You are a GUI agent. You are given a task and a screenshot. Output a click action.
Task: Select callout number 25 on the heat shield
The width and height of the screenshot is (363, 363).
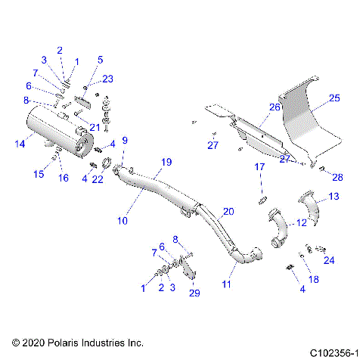334,98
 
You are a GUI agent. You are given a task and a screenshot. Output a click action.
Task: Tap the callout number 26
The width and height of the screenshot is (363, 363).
275,108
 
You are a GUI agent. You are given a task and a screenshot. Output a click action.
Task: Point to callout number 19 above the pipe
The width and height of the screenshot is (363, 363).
167,162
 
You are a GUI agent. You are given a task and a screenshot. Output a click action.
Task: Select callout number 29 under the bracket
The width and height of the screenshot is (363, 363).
194,293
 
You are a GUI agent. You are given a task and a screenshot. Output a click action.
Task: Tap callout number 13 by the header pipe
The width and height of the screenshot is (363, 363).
334,197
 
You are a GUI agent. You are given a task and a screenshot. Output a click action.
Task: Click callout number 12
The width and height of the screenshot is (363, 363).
300,222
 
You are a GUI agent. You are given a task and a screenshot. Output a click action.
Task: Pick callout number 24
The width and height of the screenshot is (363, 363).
329,261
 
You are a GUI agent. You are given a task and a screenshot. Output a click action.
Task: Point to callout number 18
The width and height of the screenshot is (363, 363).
315,279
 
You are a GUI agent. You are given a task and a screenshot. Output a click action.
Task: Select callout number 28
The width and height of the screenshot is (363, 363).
337,177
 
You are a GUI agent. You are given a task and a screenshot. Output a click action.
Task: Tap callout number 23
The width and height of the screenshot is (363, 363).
107,79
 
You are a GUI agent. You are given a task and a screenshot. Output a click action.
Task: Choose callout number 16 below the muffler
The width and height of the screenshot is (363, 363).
64,178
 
